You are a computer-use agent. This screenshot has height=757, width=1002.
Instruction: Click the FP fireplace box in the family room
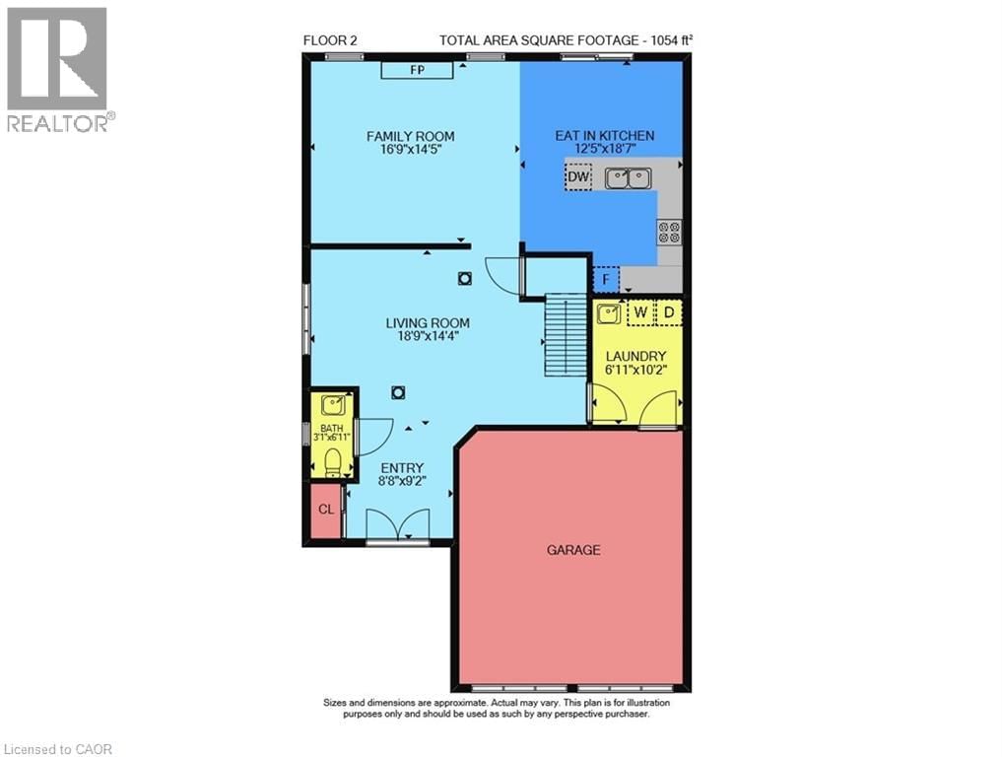[x=417, y=70]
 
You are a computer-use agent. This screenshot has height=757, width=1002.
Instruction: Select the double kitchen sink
[x=628, y=178]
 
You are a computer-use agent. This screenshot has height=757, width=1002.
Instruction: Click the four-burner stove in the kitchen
[x=669, y=233]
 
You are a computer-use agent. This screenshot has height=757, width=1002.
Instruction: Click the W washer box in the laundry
[x=640, y=313]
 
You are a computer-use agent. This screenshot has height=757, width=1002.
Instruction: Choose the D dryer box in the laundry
[x=669, y=313]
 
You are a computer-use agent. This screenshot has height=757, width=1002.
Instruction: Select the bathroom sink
[x=332, y=404]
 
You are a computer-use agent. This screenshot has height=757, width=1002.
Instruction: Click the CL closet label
[x=325, y=510]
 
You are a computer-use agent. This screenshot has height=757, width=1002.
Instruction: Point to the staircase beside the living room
[x=565, y=336]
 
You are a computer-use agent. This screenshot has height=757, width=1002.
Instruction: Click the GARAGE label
[x=573, y=550]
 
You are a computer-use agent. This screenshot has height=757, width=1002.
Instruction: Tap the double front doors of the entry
[x=397, y=525]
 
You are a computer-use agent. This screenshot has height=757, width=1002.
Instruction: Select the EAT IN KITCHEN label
[x=605, y=136]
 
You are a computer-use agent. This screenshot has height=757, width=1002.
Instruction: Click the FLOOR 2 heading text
[x=330, y=40]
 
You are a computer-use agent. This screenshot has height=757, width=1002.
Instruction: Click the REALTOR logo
[x=57, y=69]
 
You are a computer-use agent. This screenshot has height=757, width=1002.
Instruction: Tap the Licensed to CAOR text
[x=57, y=749]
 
